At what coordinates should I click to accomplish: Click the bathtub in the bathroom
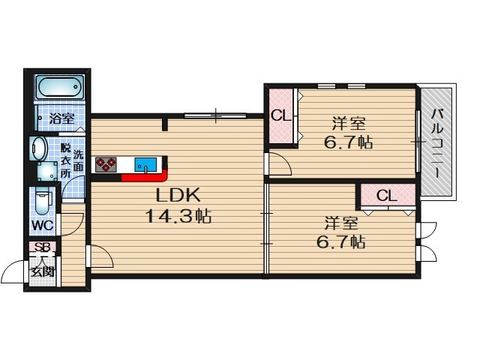pyautogui.click(x=60, y=87)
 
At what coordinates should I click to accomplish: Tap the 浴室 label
pyautogui.click(x=61, y=118)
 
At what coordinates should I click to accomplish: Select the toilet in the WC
pyautogui.click(x=43, y=201)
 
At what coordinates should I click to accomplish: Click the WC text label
pyautogui.click(x=43, y=226)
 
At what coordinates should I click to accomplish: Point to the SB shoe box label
pyautogui.click(x=42, y=247)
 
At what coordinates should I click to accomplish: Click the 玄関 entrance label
pyautogui.click(x=43, y=271)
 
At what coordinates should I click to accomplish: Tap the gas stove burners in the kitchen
pyautogui.click(x=106, y=165)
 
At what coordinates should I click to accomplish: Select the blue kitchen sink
pyautogui.click(x=145, y=165)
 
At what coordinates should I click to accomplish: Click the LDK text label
pyautogui.click(x=178, y=195)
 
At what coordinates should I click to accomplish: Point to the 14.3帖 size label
pyautogui.click(x=178, y=216)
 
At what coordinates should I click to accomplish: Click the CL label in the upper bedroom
pyautogui.click(x=281, y=116)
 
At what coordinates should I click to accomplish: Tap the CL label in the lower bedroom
pyautogui.click(x=387, y=195)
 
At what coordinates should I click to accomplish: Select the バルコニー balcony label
pyautogui.click(x=437, y=143)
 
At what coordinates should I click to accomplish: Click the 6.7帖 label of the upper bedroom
pyautogui.click(x=348, y=142)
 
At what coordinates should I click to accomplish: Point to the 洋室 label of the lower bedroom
pyautogui.click(x=341, y=223)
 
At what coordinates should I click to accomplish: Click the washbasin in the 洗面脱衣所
pyautogui.click(x=39, y=148)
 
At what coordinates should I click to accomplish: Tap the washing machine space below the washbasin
pyautogui.click(x=47, y=172)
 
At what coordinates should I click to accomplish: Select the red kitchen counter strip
pyautogui.click(x=145, y=177)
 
